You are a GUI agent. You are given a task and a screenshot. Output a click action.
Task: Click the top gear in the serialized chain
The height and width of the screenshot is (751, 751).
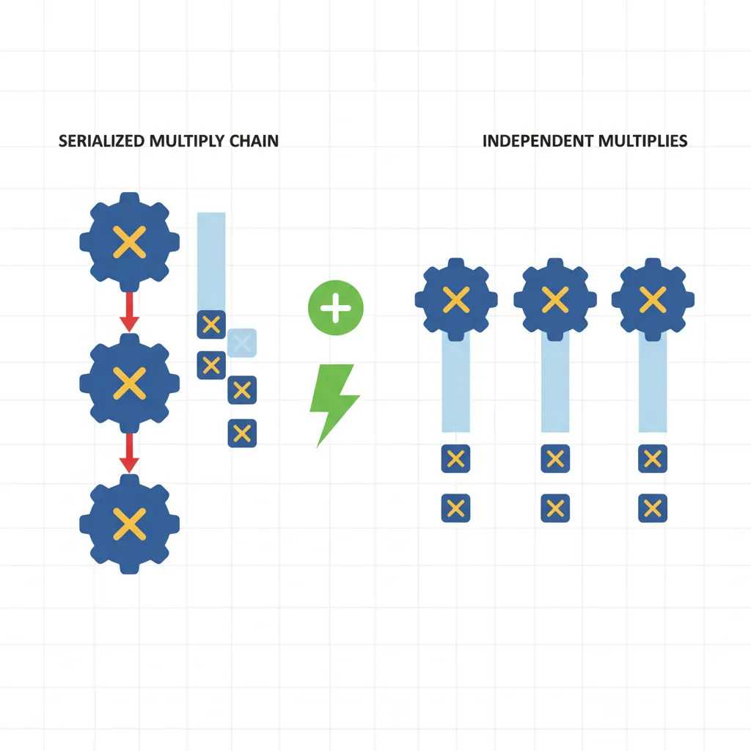129,243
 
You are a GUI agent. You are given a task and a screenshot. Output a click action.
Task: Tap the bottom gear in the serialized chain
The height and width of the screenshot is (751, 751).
129,523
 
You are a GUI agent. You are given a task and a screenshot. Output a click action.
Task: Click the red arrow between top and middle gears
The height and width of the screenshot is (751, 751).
129,312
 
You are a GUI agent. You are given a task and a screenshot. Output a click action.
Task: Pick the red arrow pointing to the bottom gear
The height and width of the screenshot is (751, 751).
129,453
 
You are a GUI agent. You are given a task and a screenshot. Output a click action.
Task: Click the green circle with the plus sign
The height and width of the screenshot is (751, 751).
336,308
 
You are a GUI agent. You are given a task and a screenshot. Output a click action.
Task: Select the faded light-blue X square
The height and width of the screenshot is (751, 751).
242,342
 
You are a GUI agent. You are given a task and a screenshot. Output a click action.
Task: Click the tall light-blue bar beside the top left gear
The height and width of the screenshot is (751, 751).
211,260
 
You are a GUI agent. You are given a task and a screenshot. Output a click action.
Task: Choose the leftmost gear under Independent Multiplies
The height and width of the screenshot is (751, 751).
456,298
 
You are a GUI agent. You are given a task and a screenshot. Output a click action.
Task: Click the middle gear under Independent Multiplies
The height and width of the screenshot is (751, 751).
555,298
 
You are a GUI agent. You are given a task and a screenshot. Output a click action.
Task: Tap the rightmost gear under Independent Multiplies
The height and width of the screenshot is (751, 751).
653,298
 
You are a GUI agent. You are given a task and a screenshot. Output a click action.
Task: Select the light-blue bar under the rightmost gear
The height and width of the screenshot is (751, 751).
653,385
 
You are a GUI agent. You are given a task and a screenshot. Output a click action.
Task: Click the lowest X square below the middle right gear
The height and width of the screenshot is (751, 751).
555,508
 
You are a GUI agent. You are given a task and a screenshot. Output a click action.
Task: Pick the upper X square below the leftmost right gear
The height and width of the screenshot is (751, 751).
455,459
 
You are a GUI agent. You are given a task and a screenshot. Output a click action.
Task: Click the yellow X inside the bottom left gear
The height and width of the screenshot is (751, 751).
129,523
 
